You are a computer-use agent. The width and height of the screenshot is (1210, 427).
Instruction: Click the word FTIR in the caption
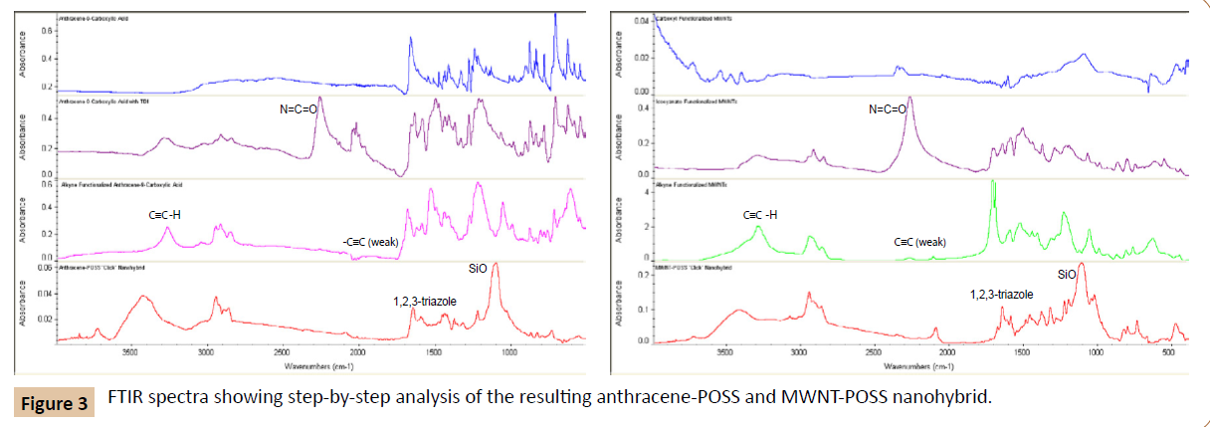coord(128,397)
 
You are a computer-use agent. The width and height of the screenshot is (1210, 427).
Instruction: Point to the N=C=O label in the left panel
coord(299,109)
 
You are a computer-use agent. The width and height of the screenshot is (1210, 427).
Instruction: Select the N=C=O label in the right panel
coord(888,109)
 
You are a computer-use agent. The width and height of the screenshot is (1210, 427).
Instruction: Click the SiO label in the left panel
coord(479,268)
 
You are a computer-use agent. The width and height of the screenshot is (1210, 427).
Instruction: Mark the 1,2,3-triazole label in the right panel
coord(1002,295)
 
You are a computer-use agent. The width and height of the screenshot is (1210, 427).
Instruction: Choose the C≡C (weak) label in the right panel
coord(920,242)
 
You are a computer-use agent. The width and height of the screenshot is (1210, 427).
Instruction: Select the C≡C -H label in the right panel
coord(761,215)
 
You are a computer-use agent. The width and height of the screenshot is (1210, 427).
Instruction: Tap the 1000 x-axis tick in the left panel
coord(509,351)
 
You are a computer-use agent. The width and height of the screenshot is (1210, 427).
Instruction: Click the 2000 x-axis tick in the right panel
coord(946,351)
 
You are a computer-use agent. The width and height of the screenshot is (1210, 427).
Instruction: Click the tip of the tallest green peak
coord(993,182)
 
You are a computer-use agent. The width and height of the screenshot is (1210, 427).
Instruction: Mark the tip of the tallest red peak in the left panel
coord(496,264)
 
